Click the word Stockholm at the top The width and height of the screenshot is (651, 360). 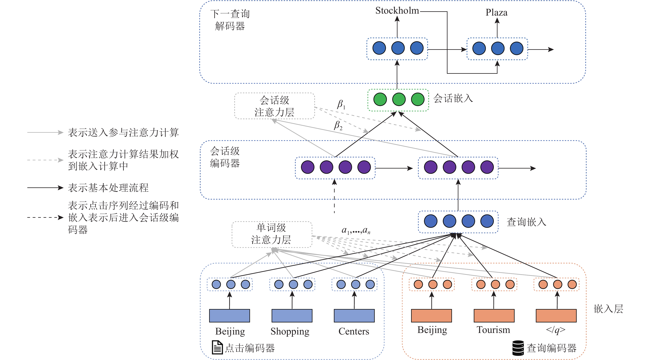397,11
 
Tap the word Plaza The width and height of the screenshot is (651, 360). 496,13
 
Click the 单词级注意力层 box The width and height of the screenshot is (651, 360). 272,234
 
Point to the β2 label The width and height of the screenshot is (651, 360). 338,125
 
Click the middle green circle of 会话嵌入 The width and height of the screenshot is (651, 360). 399,99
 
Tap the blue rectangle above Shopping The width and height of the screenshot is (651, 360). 292,315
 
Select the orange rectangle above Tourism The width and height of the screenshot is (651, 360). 494,315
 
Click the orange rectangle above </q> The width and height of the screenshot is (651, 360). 556,315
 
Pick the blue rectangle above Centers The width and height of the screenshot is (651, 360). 354,315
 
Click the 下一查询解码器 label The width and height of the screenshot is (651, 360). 230,20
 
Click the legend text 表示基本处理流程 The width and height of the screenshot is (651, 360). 108,188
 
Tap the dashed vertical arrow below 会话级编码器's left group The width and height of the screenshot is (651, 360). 334,197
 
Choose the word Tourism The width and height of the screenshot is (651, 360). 493,330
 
